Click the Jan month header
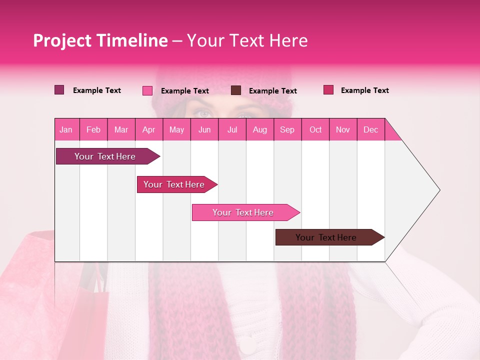point(66,129)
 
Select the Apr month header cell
point(149,129)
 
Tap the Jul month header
point(232,129)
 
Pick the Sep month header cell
point(287,129)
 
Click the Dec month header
point(371,129)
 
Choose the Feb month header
point(93,129)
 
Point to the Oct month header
point(315,129)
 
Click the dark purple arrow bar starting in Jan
point(105,156)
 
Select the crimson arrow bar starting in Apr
point(174,184)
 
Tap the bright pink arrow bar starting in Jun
point(243,212)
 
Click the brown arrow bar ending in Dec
point(326,237)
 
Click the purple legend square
point(59,90)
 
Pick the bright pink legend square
point(147,90)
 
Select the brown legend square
point(236,90)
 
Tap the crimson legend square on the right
point(328,90)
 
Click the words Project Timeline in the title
point(100,40)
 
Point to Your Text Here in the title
point(247,40)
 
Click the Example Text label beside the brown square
point(272,91)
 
